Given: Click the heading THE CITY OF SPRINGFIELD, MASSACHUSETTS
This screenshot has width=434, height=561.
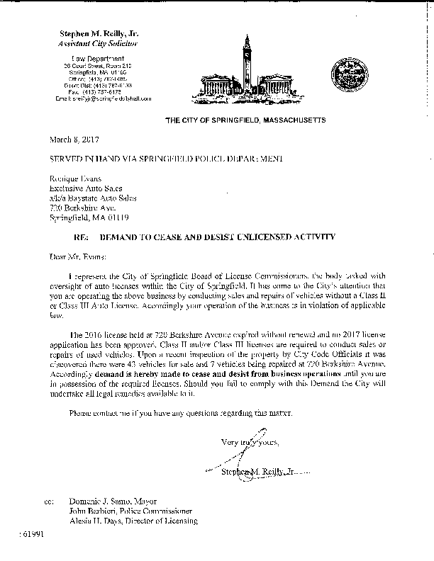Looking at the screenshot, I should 245,121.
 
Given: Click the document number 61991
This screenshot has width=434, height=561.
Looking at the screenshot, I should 30,536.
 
